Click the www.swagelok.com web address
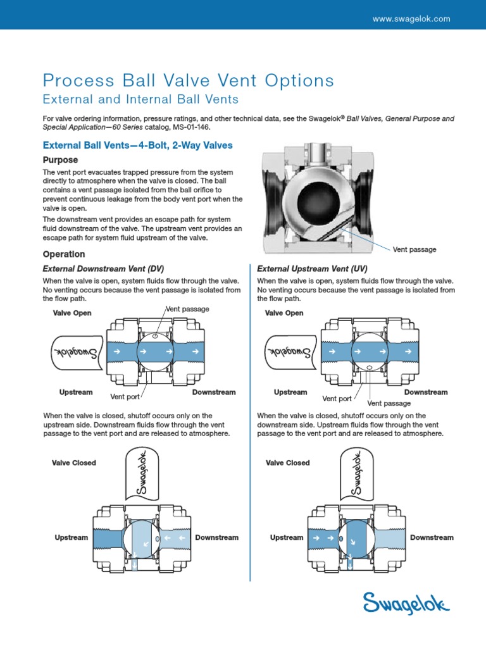pyautogui.click(x=411, y=19)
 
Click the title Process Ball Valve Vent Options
pyautogui.click(x=188, y=81)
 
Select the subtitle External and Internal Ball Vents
pyautogui.click(x=140, y=99)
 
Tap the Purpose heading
pyautogui.click(x=60, y=160)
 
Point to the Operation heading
pyautogui.click(x=63, y=254)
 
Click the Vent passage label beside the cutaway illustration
pyautogui.click(x=414, y=249)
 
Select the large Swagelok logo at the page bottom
pyautogui.click(x=406, y=602)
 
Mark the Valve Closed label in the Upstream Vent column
pyautogui.click(x=288, y=463)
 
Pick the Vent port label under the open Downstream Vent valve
pyautogui.click(x=125, y=397)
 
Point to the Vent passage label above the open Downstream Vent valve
pyautogui.click(x=187, y=309)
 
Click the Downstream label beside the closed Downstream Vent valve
pyautogui.click(x=216, y=537)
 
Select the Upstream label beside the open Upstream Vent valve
pyautogui.click(x=290, y=392)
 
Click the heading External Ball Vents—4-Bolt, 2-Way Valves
pyautogui.click(x=137, y=146)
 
